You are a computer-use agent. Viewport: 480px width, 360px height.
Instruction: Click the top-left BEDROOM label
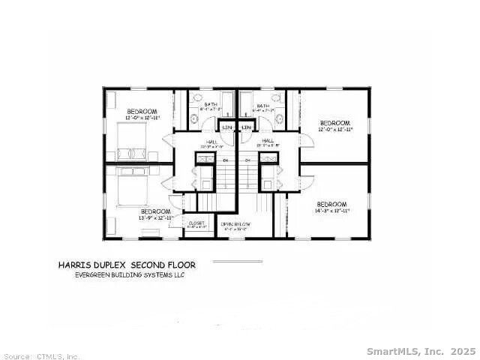pyautogui.click(x=142, y=112)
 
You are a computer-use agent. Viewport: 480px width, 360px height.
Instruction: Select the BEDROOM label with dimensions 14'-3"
pyautogui.click(x=331, y=205)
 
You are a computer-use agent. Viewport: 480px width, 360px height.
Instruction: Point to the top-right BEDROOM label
pyautogui.click(x=334, y=123)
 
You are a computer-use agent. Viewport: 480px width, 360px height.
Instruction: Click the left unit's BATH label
pyautogui.click(x=201, y=106)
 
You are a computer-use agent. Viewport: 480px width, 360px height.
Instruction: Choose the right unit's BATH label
pyautogui.click(x=262, y=106)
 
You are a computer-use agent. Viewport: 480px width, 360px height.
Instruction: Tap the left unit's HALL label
pyautogui.click(x=211, y=141)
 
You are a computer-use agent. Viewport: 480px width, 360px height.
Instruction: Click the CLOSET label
pyautogui.click(x=196, y=223)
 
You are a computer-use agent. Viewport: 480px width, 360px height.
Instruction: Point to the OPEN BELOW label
pyautogui.click(x=235, y=224)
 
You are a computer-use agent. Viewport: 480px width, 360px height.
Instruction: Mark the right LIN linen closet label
pyautogui.click(x=246, y=127)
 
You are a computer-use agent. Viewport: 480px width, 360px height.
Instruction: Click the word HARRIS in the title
pyautogui.click(x=76, y=265)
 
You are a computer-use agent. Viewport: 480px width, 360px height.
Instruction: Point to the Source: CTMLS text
pyautogui.click(x=40, y=356)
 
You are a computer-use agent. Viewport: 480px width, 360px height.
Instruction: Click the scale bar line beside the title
pyautogui.click(x=238, y=262)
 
